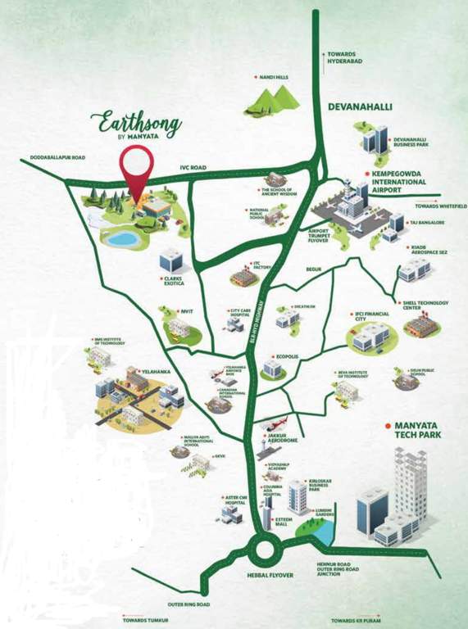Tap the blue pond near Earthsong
point(122,238)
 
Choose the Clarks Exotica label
point(174,281)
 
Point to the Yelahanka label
point(155,371)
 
